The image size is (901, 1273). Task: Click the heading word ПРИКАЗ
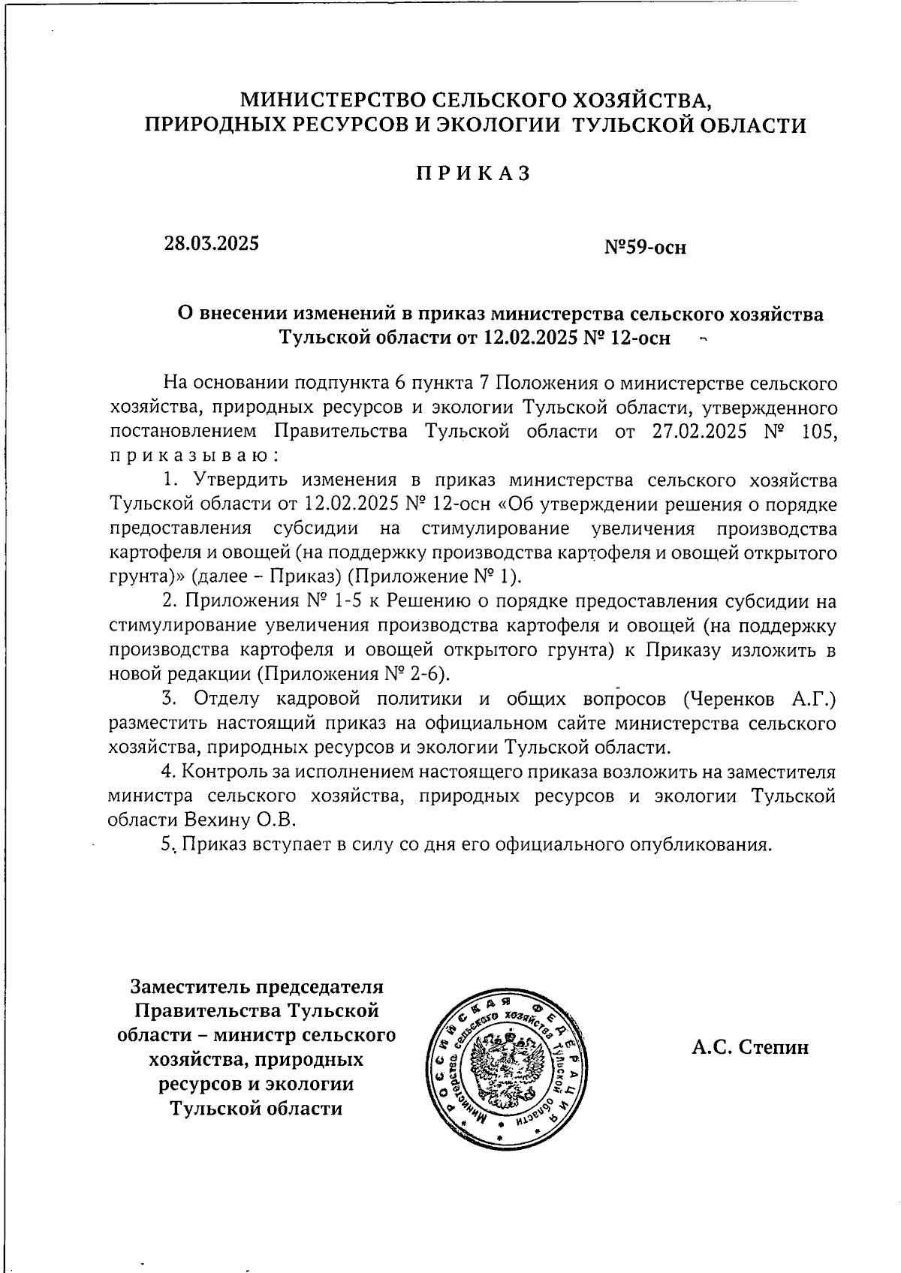pos(474,173)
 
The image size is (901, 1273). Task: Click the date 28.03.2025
pos(212,243)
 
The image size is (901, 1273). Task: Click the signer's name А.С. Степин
pos(750,1047)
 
